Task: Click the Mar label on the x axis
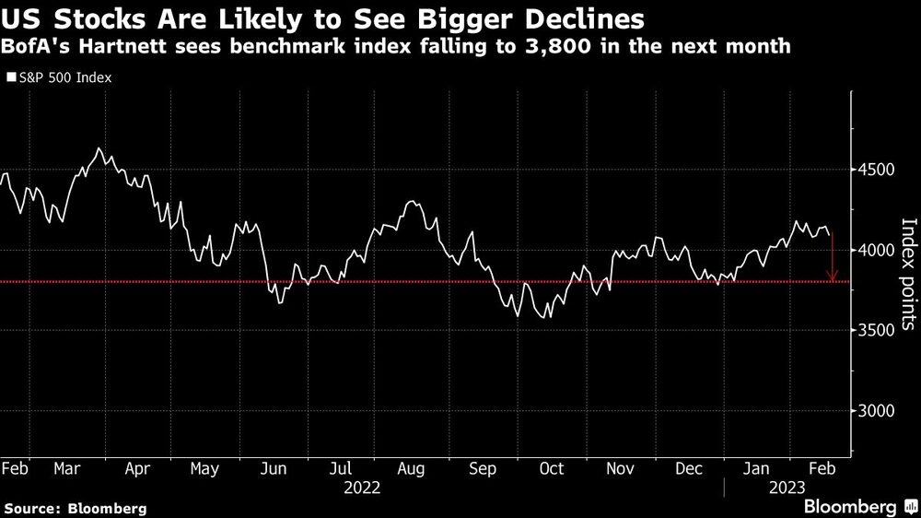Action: [67, 468]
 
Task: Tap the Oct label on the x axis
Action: [551, 468]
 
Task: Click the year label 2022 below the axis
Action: [360, 487]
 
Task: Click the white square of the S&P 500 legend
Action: [11, 78]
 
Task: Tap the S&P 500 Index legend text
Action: [64, 78]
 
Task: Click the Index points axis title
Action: [908, 274]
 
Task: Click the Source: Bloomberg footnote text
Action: [76, 508]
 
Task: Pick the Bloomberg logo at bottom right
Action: [851, 507]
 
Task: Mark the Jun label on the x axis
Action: [274, 468]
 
